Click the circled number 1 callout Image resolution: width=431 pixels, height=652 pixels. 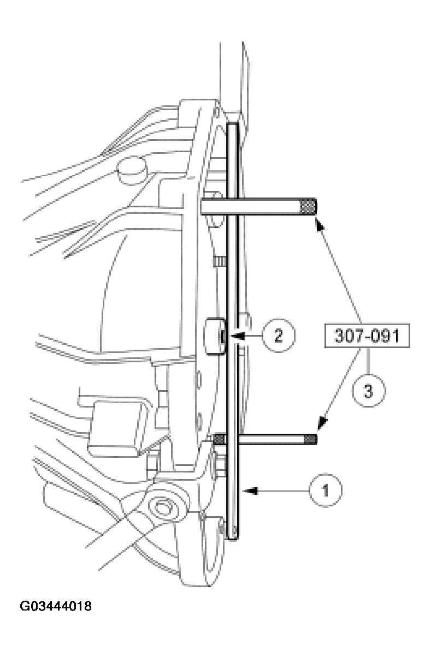pos(326,491)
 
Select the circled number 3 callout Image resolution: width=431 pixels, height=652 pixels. pos(368,391)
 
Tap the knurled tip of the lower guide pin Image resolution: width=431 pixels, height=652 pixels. pos(311,439)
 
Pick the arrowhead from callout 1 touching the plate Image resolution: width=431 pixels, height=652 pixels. pos(247,491)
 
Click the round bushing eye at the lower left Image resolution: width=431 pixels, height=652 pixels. pos(162,508)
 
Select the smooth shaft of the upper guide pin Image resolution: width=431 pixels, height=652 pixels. pos(268,206)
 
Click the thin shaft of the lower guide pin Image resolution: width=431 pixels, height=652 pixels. pos(273,439)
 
